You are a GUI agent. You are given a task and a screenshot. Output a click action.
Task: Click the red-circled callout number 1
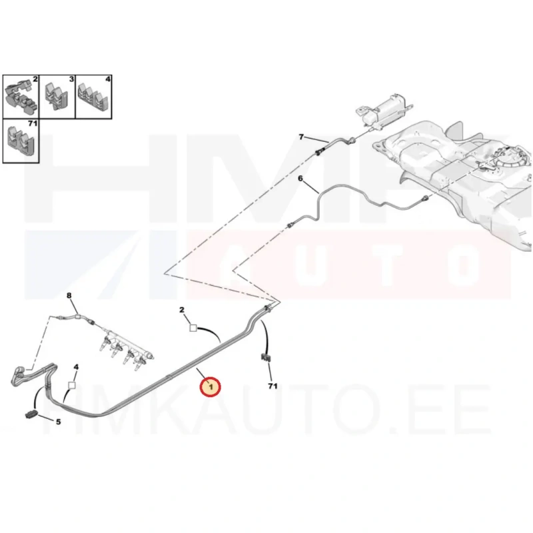coord(211,386)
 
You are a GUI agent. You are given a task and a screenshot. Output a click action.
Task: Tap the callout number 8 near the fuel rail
coord(68,294)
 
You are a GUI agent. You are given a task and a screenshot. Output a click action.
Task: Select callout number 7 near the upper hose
coord(300,137)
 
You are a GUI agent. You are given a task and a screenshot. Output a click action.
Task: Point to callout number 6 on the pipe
coord(300,178)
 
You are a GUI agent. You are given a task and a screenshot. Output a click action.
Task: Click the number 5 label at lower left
coord(58,422)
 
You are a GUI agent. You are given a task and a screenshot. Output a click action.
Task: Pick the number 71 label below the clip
coord(271,386)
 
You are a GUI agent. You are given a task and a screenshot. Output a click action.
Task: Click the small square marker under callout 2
coord(193,327)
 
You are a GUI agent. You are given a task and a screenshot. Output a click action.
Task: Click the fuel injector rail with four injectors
coord(127,344)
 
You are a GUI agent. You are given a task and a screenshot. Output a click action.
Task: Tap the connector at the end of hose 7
coord(321,151)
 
